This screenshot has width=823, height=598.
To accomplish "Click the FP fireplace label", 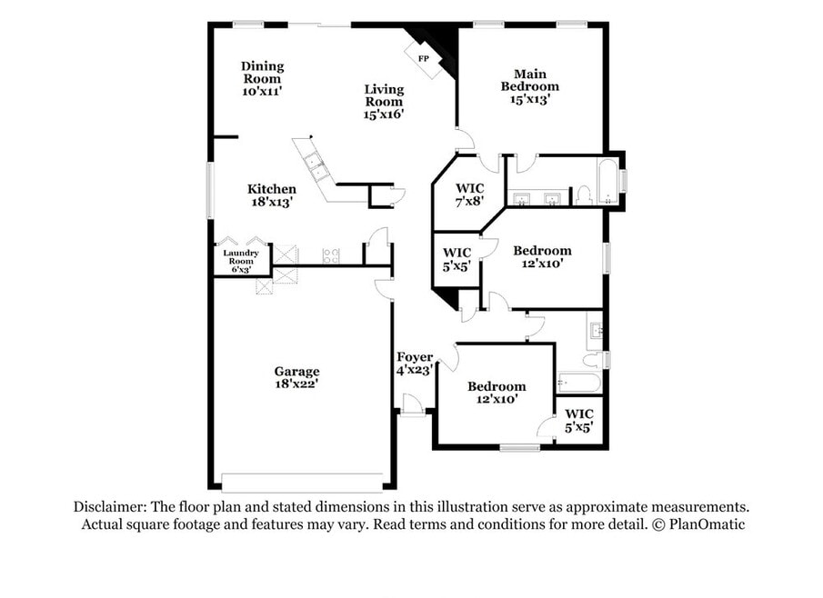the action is point(423,59).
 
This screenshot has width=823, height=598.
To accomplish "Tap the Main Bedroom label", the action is point(529,80).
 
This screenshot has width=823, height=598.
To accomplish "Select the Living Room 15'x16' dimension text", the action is point(384,115).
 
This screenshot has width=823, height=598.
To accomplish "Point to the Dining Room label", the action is point(262,73).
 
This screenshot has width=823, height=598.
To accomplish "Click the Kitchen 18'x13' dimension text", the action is point(271,202).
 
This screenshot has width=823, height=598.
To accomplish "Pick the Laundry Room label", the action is point(241,257).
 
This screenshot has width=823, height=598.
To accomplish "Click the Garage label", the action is point(296,372).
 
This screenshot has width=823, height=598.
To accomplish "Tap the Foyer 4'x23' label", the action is point(415,364).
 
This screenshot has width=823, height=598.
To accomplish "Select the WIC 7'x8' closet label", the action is point(470,194).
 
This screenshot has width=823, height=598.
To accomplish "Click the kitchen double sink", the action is point(316,164).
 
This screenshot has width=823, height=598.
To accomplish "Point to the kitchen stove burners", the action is point(331,255).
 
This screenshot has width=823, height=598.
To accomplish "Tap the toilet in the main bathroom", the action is point(584,195).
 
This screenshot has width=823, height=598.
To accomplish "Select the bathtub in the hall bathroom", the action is point(578,383).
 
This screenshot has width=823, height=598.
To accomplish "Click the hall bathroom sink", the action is point(596,331).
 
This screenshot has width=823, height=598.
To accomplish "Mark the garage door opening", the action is point(302,483).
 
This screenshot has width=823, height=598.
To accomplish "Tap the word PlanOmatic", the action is point(707,524).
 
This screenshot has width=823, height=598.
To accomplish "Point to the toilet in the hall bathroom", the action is point(592,360).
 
